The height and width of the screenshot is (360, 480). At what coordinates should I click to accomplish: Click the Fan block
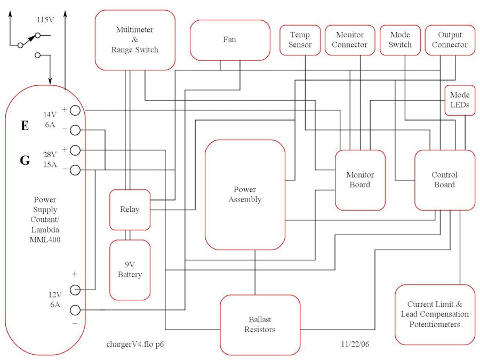[230, 40]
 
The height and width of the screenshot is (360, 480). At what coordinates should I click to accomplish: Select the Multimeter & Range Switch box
[135, 40]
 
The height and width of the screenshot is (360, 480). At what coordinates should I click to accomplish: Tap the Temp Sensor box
[300, 40]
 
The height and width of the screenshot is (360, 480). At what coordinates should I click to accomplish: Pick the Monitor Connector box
[349, 40]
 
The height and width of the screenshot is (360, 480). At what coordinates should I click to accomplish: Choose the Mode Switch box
[399, 40]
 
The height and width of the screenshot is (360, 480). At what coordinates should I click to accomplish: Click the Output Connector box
[449, 40]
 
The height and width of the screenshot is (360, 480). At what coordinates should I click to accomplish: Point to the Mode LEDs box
[459, 100]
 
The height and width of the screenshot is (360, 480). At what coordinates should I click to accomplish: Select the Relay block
[130, 210]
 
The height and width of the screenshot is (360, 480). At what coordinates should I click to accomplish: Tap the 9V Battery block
[130, 270]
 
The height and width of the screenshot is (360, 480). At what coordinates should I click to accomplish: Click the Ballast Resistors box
[259, 325]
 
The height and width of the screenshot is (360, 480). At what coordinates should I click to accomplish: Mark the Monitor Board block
[360, 180]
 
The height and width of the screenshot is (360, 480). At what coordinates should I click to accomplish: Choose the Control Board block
[444, 180]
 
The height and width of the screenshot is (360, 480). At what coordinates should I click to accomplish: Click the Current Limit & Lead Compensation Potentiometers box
[435, 315]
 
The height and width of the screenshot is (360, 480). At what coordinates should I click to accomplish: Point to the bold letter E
[25, 126]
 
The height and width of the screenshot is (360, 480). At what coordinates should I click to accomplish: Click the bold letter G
[25, 160]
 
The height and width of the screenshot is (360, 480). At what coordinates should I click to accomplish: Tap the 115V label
[45, 20]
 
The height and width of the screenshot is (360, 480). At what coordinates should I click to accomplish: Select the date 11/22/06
[355, 344]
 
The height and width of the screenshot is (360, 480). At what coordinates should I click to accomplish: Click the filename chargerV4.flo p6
[138, 344]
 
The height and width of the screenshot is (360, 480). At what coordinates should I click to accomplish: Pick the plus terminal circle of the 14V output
[75, 110]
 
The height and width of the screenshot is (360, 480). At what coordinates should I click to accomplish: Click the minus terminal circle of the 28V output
[75, 170]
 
